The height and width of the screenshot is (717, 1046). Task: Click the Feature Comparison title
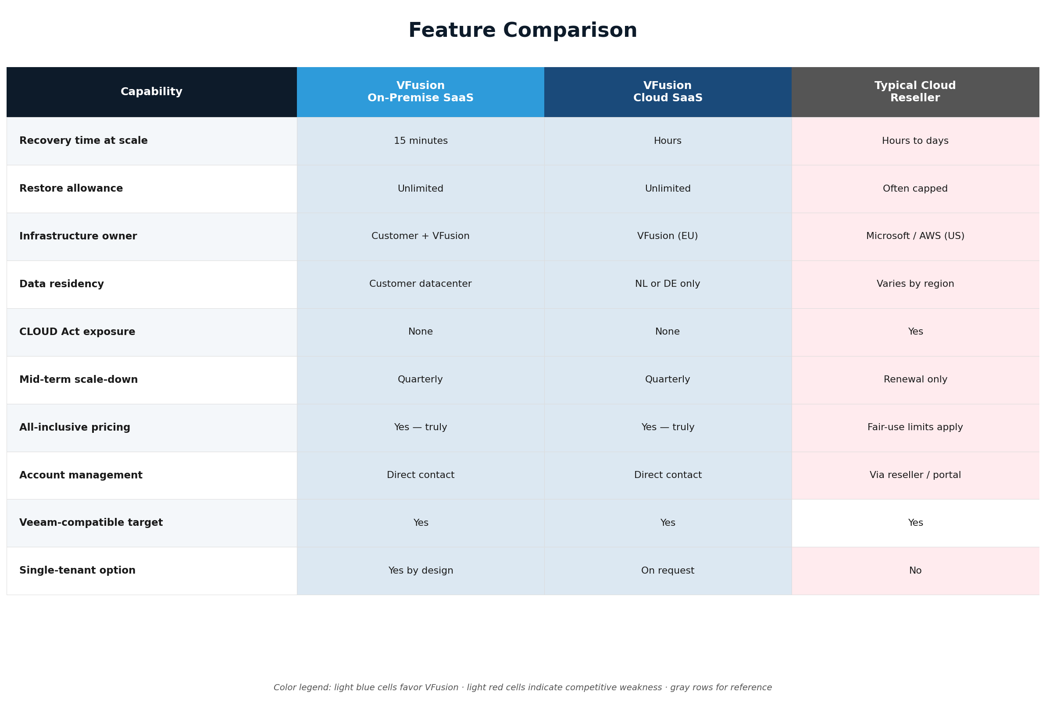pos(522,31)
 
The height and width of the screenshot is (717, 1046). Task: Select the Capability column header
pos(151,92)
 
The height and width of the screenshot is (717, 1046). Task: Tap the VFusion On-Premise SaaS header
pos(421,92)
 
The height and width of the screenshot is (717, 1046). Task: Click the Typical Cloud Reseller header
pos(915,92)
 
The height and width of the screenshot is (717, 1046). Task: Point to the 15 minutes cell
pos(421,141)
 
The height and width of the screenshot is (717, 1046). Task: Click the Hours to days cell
pos(915,141)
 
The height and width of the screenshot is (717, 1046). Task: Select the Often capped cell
pos(915,189)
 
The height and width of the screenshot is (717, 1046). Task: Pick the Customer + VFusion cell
pos(421,236)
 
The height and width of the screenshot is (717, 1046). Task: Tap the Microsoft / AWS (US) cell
pos(915,236)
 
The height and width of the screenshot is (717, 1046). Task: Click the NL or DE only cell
pos(668,284)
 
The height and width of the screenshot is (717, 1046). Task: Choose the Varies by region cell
pos(915,284)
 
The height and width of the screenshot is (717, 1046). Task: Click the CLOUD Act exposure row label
pos(77,332)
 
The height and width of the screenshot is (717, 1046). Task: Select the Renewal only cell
pos(915,379)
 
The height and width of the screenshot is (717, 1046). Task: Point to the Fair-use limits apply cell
pos(915,427)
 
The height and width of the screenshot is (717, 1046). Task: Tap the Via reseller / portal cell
pos(915,475)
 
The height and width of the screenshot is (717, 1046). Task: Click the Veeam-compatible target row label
pos(91,523)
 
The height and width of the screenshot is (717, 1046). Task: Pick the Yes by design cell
pos(421,571)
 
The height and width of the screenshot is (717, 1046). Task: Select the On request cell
pos(668,571)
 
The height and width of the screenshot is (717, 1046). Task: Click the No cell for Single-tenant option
pos(915,571)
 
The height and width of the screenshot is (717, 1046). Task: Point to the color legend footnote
pos(522,687)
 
